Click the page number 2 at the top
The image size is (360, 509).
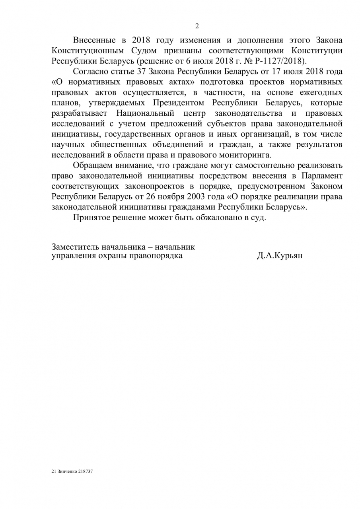[197, 26]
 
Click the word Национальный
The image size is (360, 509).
[146, 113]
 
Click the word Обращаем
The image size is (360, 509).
[91, 165]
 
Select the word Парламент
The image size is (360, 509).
[321, 175]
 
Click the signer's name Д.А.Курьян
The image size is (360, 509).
[280, 256]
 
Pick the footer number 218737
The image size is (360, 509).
[85, 471]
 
